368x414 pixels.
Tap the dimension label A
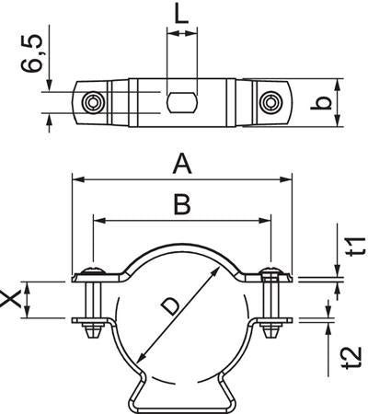point(182,165)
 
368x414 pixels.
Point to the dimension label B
point(182,205)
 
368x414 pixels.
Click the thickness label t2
point(347,356)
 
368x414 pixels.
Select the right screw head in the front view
point(270,270)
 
